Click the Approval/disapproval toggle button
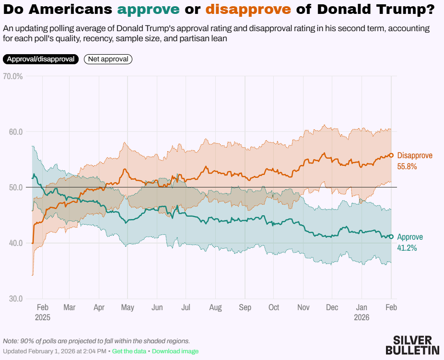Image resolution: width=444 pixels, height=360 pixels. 41,59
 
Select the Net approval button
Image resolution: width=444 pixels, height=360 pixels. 108,59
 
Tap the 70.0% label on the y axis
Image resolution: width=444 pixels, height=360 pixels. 13,76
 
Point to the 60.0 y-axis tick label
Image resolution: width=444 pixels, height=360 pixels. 15,132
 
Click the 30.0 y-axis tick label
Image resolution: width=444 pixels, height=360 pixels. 15,298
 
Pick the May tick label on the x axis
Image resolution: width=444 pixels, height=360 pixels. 127,307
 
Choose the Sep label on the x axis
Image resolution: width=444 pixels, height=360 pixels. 245,307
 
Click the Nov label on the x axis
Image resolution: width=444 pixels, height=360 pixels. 304,307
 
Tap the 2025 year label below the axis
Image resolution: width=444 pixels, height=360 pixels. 42,317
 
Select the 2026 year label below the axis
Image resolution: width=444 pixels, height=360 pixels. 362,317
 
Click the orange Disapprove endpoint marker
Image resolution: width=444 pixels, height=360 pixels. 391,155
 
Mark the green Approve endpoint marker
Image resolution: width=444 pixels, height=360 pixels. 391,236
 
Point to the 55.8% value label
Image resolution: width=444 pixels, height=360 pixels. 407,167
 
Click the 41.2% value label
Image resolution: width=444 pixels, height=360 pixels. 407,248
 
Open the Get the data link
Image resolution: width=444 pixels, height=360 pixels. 129,351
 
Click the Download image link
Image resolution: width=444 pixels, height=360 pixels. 175,351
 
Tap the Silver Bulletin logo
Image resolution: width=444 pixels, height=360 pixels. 412,345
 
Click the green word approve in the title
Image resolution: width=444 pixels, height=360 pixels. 148,9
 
